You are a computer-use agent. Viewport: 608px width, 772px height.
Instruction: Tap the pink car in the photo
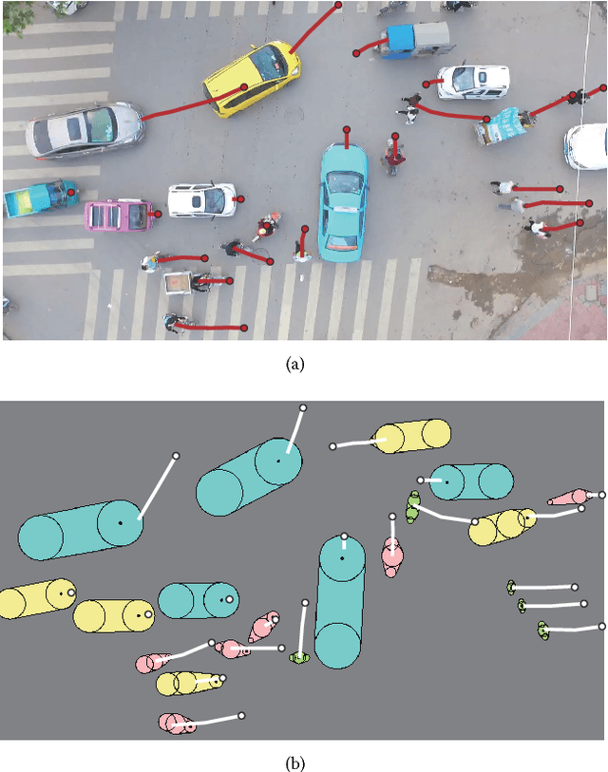[x=118, y=215]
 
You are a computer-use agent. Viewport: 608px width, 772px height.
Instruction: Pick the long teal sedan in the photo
[x=342, y=201]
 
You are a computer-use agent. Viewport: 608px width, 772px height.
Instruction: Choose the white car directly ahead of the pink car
[x=200, y=199]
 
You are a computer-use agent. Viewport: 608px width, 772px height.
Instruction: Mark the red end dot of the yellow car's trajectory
[x=338, y=4]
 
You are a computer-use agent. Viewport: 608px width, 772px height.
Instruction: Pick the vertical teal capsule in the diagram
[x=339, y=601]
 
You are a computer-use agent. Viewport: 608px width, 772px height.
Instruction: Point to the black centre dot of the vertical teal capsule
[x=342, y=557]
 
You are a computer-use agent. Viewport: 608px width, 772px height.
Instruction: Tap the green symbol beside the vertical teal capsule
[x=300, y=657]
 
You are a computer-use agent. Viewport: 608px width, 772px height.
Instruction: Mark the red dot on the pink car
[x=158, y=214]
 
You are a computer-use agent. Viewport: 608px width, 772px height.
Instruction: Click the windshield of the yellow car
[x=268, y=65]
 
